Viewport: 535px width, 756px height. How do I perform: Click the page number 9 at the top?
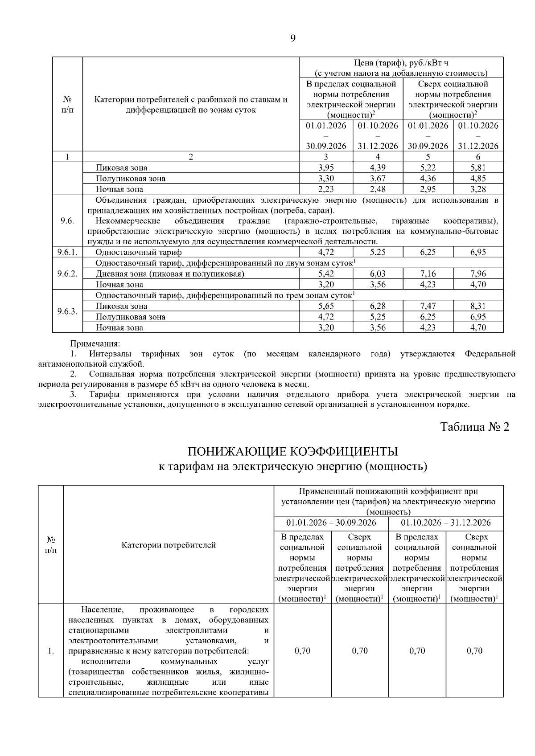[292, 38]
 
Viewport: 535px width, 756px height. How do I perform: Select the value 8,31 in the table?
[478, 306]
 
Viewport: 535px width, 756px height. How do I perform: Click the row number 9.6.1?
[67, 252]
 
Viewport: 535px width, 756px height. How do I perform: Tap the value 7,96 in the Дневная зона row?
[478, 274]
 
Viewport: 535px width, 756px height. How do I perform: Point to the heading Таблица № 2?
[474, 427]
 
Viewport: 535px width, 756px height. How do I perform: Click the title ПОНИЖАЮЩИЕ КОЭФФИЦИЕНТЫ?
[292, 452]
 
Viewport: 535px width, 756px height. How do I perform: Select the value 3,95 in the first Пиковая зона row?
[326, 168]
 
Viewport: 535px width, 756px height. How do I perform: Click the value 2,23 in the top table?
[326, 189]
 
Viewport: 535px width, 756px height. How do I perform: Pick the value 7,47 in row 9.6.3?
[428, 306]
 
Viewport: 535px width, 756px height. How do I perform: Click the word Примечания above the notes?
[95, 343]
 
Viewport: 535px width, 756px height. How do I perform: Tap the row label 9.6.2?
[67, 274]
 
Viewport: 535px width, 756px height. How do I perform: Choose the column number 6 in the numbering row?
[478, 157]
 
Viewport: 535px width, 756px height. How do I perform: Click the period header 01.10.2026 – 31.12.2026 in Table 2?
[445, 523]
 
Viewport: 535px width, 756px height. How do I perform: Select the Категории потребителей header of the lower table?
[169, 545]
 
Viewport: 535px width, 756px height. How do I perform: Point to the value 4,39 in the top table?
[378, 168]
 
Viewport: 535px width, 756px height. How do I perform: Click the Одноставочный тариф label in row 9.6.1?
[139, 252]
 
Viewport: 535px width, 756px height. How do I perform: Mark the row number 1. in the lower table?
[51, 651]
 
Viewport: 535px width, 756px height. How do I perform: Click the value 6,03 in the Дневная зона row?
[378, 274]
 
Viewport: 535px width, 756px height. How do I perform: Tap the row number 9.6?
[67, 221]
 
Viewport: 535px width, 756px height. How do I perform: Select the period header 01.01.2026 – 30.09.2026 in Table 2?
[331, 523]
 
